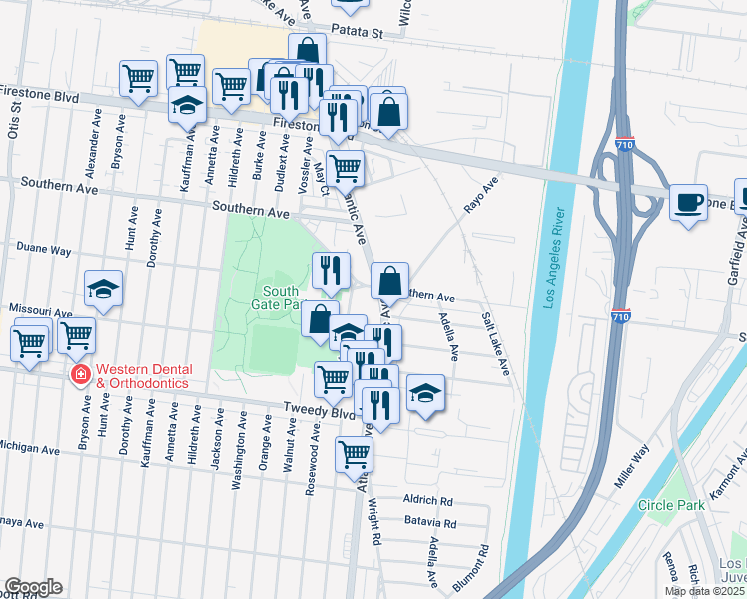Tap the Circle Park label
point(671,505)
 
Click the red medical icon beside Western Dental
point(78,374)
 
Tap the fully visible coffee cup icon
point(687,200)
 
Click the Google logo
point(32,587)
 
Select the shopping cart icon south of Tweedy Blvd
point(354,454)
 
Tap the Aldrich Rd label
point(428,501)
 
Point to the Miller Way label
point(631,466)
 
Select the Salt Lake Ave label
point(496,343)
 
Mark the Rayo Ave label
point(480,195)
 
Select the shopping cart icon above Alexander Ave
point(138,77)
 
